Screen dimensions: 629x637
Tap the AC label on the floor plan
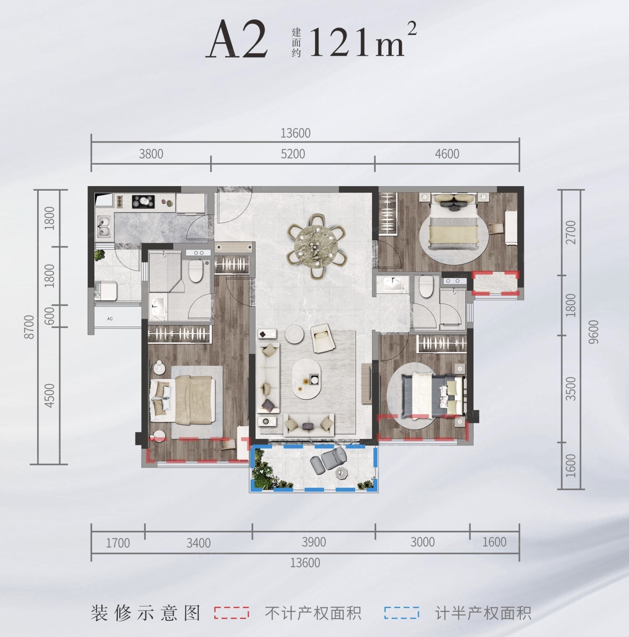[x=110, y=318]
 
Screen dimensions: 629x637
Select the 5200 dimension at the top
[x=293, y=154]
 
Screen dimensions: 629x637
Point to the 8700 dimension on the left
[x=30, y=327]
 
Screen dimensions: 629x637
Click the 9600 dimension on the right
[x=594, y=332]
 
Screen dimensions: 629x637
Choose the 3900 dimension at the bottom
[x=314, y=542]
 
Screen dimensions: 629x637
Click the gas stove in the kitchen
[x=143, y=202]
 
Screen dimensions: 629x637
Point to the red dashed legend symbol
[x=231, y=612]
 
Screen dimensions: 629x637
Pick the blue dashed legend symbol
[x=402, y=612]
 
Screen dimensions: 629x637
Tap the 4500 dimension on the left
[x=49, y=395]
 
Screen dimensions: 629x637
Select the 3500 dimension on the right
[x=571, y=389]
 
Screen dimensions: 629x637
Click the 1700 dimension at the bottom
[x=118, y=543]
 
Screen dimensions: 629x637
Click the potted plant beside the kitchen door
[x=99, y=254]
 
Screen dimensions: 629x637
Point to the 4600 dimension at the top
[x=447, y=154]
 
